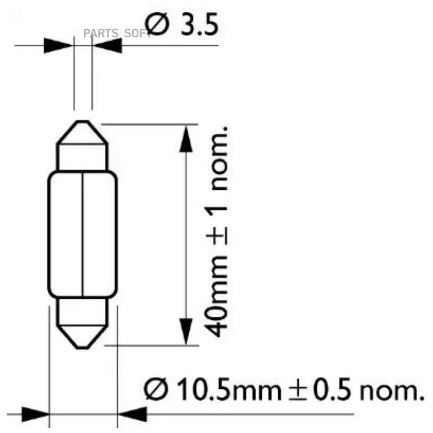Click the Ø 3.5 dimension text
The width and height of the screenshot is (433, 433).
click(182, 24)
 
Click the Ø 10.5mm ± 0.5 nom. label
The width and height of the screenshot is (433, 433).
click(284, 390)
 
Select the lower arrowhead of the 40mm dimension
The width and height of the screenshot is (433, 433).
click(186, 331)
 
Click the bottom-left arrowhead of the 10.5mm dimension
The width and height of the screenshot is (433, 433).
click(36, 414)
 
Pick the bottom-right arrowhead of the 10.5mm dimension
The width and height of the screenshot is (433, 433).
click(132, 414)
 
